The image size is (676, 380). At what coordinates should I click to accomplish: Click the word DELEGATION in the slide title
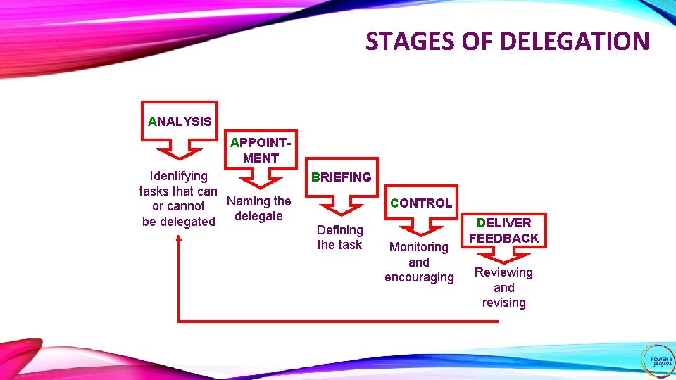click(x=575, y=42)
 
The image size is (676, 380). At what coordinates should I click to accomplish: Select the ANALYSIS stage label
click(x=180, y=121)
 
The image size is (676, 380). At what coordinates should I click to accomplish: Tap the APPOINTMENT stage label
click(x=261, y=151)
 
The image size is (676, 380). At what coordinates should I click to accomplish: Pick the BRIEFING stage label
click(x=342, y=177)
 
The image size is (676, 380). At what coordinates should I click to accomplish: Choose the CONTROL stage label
click(x=421, y=203)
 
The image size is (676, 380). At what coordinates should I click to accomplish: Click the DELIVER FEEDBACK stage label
click(x=503, y=231)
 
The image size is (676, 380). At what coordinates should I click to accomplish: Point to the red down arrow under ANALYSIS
click(x=180, y=149)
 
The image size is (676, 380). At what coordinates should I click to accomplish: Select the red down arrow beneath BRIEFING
click(x=342, y=205)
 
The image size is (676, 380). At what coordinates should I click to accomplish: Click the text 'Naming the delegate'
click(x=258, y=208)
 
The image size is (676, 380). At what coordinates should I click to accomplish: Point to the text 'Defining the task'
click(x=339, y=237)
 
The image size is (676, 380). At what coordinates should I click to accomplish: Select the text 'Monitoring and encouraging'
click(x=419, y=262)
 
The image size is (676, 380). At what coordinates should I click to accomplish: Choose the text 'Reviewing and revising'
click(x=503, y=287)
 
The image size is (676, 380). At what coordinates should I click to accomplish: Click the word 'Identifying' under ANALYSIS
click(x=179, y=175)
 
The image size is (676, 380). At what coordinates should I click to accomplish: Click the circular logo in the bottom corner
click(x=658, y=360)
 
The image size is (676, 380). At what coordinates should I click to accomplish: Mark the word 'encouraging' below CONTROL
click(x=419, y=277)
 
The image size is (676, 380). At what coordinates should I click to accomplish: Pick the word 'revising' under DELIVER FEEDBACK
click(x=503, y=303)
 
